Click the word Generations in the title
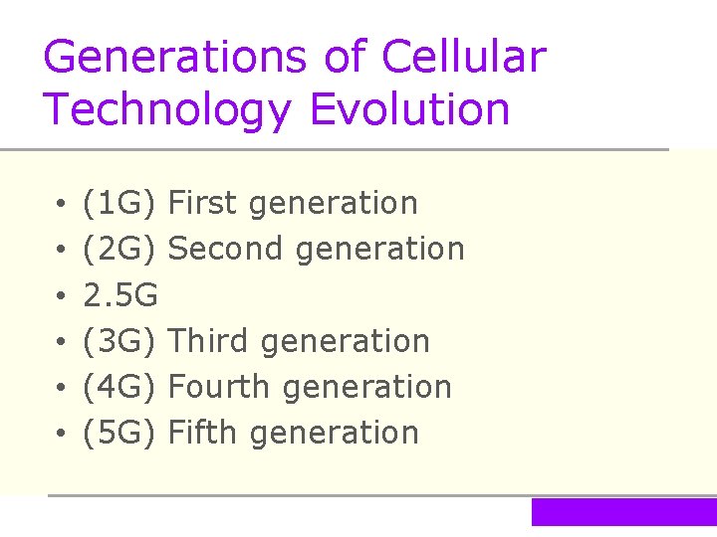(x=176, y=58)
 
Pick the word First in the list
(x=204, y=203)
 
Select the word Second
(x=228, y=249)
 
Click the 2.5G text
(x=120, y=295)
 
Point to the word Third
(x=210, y=341)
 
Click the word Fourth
(x=221, y=387)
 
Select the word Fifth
(x=204, y=433)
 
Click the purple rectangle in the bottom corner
(x=623, y=511)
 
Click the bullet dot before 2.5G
(x=61, y=296)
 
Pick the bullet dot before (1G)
(x=61, y=205)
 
